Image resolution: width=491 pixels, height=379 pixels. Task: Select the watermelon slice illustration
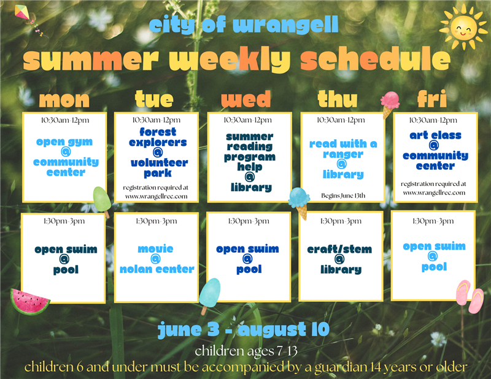click(29, 301)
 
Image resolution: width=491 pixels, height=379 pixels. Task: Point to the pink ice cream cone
click(389, 103)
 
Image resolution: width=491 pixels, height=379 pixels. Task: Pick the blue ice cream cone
click(299, 201)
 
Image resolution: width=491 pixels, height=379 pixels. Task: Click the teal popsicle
click(209, 293)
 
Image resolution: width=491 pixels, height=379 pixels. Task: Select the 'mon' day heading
click(64, 99)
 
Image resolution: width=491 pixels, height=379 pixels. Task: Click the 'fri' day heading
click(432, 99)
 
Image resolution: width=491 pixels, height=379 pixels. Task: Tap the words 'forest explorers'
click(158, 137)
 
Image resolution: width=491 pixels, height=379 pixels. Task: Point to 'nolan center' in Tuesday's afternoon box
click(157, 269)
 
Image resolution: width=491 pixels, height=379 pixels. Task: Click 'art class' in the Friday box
click(435, 135)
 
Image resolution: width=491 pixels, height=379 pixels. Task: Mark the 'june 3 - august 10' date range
click(244, 329)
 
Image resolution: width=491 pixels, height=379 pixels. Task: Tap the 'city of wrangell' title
click(244, 26)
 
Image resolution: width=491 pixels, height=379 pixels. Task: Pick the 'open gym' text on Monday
click(64, 142)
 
